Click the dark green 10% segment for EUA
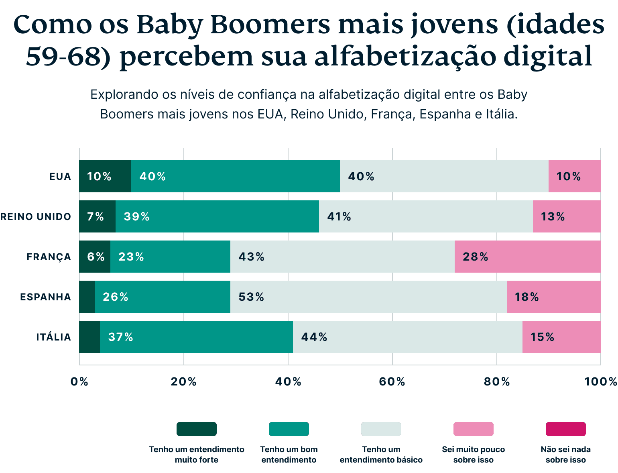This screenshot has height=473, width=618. (105, 176)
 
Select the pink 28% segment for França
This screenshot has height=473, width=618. (527, 257)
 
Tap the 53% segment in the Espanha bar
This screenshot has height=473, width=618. (368, 297)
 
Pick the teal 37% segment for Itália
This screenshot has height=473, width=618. (196, 337)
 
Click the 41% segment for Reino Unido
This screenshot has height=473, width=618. (426, 216)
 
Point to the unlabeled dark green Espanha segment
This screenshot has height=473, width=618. (87, 297)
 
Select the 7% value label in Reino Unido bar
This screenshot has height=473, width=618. (96, 217)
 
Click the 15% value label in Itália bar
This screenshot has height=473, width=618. (542, 337)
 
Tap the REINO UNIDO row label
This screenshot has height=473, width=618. (36, 217)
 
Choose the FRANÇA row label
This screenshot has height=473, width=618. (49, 257)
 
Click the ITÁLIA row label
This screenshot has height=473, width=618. (54, 337)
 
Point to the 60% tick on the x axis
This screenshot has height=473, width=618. (392, 382)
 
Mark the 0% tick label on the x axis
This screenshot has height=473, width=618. (79, 382)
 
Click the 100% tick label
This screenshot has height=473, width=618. (600, 382)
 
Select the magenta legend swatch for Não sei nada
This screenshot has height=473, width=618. (565, 429)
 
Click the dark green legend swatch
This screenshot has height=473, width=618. (197, 429)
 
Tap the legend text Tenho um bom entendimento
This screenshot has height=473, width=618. (289, 455)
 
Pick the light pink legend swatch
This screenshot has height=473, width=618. (473, 429)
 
